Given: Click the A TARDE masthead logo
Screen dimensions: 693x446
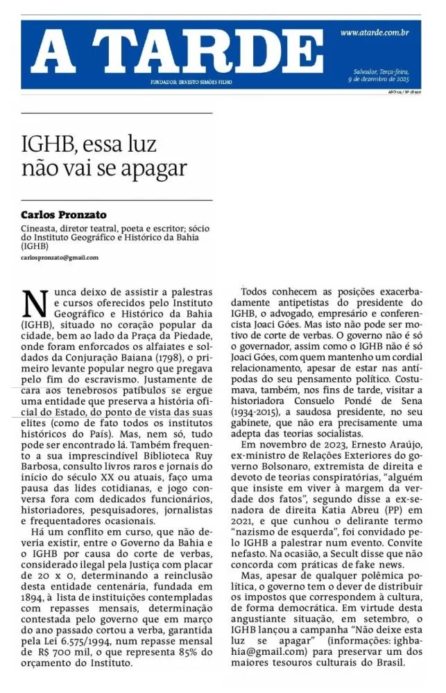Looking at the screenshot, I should click(176, 53).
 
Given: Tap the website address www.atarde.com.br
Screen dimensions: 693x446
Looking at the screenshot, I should click(374, 33).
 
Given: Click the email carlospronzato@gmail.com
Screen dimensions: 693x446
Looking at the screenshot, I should click(60, 257).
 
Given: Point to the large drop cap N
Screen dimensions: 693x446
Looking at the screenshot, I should click(35, 302).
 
